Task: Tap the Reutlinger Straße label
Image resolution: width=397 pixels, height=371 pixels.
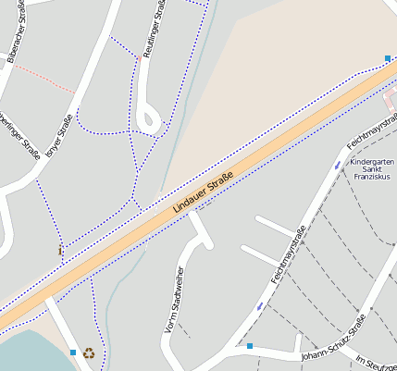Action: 158,28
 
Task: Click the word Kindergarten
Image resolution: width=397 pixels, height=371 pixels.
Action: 373,164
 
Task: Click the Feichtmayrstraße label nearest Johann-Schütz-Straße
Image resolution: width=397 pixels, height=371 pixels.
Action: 288,254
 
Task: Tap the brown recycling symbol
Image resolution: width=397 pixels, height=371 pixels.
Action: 89,352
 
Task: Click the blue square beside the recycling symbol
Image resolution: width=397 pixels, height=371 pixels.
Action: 73,352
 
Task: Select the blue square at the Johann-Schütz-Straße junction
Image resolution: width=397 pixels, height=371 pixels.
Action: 249,346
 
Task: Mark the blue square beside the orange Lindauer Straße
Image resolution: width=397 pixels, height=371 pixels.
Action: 387,58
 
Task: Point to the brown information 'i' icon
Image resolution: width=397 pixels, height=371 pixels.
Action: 61,250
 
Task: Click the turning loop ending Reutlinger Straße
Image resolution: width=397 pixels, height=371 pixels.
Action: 148,118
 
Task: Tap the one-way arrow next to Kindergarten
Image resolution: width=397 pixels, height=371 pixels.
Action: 336,166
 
